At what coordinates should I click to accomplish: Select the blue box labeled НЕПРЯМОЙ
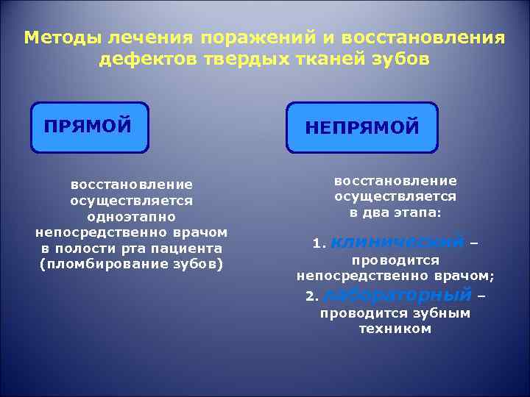(x=362, y=128)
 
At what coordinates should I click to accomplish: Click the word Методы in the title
(x=63, y=37)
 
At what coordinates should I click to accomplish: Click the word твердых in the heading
(x=235, y=60)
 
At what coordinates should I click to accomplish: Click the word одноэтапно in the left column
(x=131, y=217)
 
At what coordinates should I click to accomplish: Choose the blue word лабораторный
(x=397, y=296)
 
